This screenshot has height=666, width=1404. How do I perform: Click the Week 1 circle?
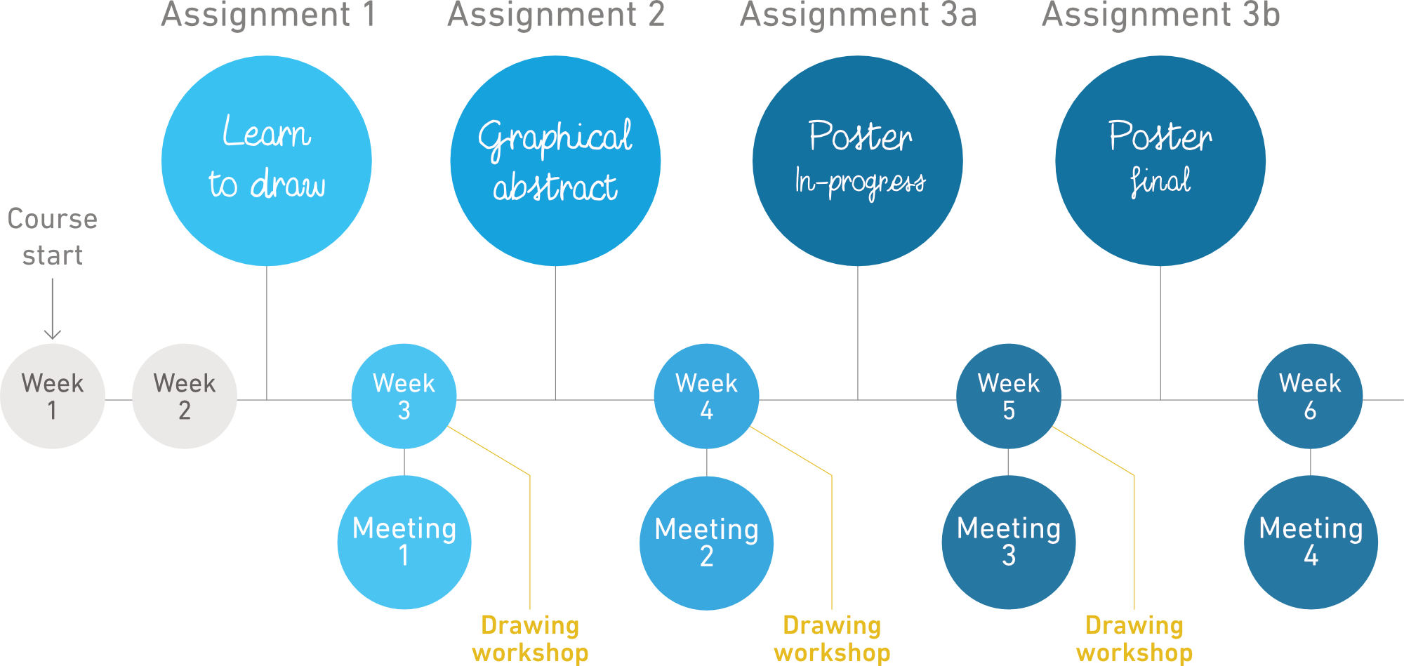pyautogui.click(x=53, y=396)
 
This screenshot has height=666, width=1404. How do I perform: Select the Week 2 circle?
pyautogui.click(x=185, y=396)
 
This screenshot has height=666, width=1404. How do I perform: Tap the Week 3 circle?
pyautogui.click(x=404, y=396)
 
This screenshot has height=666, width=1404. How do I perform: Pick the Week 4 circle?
pyautogui.click(x=706, y=396)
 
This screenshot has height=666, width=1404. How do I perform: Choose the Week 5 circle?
pyautogui.click(x=1009, y=396)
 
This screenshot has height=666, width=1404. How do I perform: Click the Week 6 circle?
pyautogui.click(x=1310, y=396)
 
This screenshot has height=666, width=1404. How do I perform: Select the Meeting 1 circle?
pyautogui.click(x=404, y=542)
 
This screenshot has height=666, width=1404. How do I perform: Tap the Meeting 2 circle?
pyautogui.click(x=706, y=542)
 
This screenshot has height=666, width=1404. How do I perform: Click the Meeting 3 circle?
pyautogui.click(x=1009, y=542)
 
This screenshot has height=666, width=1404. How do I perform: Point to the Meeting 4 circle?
pyautogui.click(x=1311, y=542)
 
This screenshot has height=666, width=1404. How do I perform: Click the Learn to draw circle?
pyautogui.click(x=267, y=161)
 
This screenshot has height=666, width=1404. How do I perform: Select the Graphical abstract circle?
pyautogui.click(x=555, y=161)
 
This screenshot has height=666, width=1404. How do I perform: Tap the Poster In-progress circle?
pyautogui.click(x=858, y=161)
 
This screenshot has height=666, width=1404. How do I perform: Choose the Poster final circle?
pyautogui.click(x=1160, y=161)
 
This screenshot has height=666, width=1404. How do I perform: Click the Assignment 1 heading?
pyautogui.click(x=269, y=15)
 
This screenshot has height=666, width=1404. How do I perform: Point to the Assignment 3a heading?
pyautogui.click(x=859, y=15)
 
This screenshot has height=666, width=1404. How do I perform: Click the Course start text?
pyautogui.click(x=53, y=237)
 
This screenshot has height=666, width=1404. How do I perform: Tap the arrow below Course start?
pyautogui.click(x=53, y=309)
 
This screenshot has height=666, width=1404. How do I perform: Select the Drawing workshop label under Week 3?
pyautogui.click(x=531, y=639)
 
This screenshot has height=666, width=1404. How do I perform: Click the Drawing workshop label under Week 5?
pyautogui.click(x=1134, y=639)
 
